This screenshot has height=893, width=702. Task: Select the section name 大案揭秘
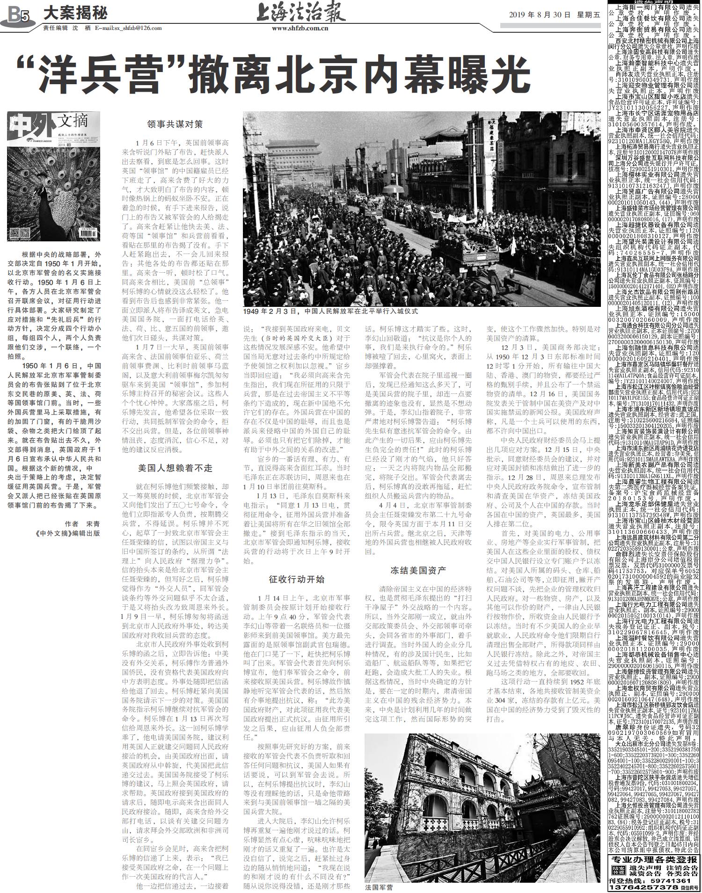point(75,13)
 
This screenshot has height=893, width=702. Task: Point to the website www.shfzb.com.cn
point(300,28)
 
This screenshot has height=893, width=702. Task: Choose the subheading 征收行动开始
point(296,580)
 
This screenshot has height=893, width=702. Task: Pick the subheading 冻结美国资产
point(418,570)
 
